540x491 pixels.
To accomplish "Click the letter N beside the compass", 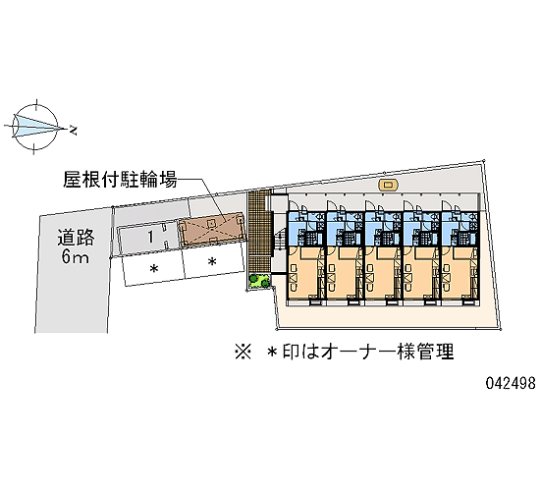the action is (x=73, y=131).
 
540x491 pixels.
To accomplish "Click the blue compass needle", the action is (x=38, y=126).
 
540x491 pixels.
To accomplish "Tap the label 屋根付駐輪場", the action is (x=120, y=180).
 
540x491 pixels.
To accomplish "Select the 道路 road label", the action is (x=76, y=237).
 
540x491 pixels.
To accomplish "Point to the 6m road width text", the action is (x=75, y=256).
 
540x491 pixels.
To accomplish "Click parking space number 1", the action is (x=150, y=237).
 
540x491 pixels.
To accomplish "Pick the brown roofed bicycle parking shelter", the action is (x=212, y=230).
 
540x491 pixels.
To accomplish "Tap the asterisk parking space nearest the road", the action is (x=153, y=268).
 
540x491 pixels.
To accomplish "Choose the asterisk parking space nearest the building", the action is (x=213, y=262).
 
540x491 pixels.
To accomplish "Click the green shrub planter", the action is (x=259, y=281).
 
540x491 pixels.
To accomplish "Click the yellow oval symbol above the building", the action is (x=388, y=185).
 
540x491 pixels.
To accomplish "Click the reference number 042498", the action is (x=511, y=383).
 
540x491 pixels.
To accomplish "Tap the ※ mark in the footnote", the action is (x=243, y=353).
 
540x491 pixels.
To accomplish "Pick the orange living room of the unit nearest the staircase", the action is (x=304, y=272).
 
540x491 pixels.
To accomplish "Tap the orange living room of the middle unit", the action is (x=382, y=272).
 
